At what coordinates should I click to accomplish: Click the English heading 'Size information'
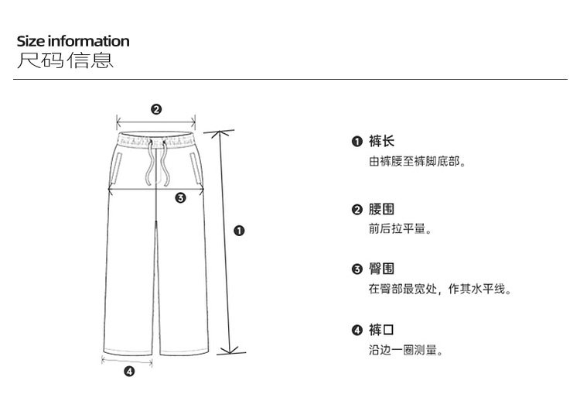click(x=73, y=41)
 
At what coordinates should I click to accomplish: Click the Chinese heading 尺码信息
click(x=65, y=60)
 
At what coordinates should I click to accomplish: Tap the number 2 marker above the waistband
click(x=156, y=109)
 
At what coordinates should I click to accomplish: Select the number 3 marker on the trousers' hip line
click(x=180, y=197)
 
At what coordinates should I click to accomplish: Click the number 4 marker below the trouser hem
click(x=129, y=372)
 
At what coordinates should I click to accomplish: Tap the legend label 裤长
click(x=381, y=142)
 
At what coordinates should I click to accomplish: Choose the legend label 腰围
click(x=381, y=210)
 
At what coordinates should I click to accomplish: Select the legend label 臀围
click(x=381, y=269)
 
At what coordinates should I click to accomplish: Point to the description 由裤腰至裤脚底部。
click(x=417, y=163)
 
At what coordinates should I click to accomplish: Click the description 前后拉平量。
click(x=400, y=229)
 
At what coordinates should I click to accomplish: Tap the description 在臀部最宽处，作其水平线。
click(x=440, y=290)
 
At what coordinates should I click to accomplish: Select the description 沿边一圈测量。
click(x=405, y=351)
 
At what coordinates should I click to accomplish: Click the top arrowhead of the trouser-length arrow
click(x=226, y=133)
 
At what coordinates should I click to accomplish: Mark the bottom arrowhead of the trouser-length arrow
click(x=226, y=350)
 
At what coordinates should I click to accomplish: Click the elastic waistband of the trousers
click(x=156, y=140)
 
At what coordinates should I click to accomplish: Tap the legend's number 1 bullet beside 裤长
click(x=357, y=142)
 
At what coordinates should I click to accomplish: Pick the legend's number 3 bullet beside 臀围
click(x=357, y=269)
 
